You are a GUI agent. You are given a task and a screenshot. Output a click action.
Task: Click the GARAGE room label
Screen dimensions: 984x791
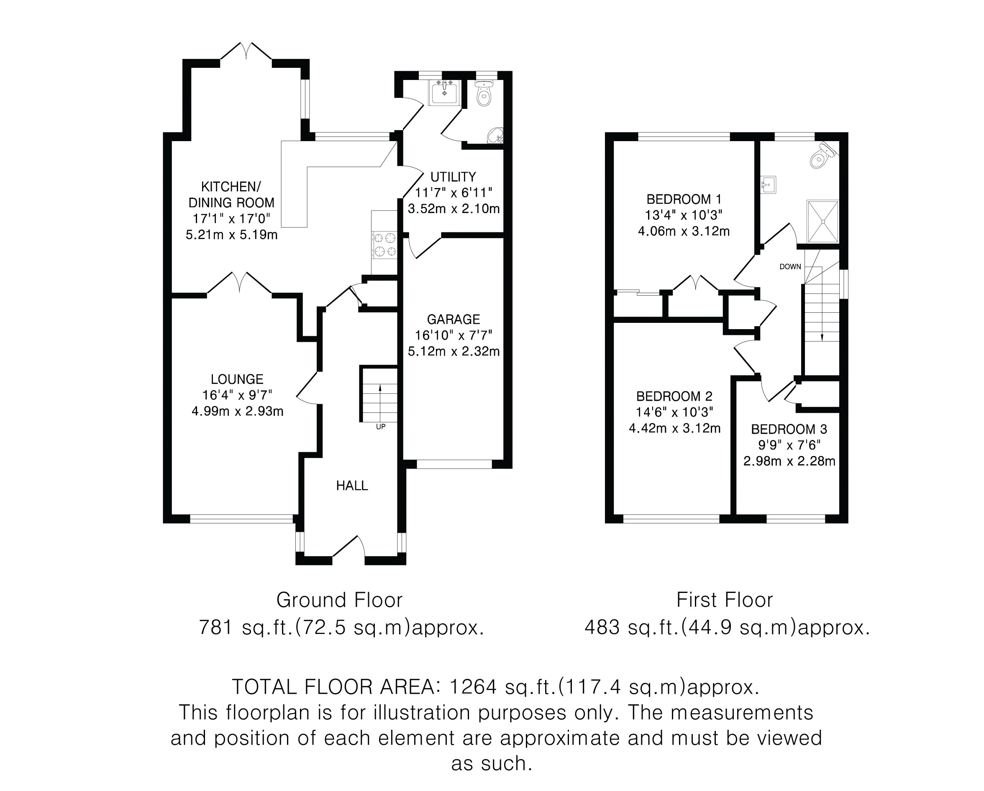(453, 319)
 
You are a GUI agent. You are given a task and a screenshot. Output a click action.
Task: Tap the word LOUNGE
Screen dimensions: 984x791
(237, 379)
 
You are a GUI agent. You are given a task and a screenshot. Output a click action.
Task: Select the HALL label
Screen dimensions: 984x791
(352, 485)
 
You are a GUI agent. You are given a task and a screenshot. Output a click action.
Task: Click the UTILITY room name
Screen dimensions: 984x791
(453, 177)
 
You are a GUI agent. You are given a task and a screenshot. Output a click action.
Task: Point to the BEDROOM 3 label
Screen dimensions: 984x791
(789, 429)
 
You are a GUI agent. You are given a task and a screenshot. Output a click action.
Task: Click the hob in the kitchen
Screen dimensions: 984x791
(384, 245)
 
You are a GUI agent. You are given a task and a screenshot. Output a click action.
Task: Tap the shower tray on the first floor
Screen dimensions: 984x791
(823, 222)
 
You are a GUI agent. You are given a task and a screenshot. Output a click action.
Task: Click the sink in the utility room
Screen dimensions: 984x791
(444, 92)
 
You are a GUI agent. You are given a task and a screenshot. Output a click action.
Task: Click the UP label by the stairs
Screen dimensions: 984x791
(381, 427)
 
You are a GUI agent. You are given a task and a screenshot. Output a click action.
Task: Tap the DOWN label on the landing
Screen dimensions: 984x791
(790, 267)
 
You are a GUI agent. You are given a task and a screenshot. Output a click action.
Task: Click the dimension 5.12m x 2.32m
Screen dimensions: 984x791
(454, 351)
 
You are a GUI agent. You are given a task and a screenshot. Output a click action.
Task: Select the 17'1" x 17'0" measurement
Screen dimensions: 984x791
(231, 219)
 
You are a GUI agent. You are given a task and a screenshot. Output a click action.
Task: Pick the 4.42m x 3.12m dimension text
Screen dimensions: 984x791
(674, 428)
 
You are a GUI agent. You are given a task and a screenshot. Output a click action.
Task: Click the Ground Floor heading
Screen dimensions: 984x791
(340, 600)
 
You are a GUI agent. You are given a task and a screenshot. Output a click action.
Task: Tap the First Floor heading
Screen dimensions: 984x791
(725, 600)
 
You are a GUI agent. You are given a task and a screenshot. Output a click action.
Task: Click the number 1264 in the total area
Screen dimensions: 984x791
(473, 687)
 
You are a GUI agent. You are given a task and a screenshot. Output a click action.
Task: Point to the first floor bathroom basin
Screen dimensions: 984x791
(769, 185)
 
